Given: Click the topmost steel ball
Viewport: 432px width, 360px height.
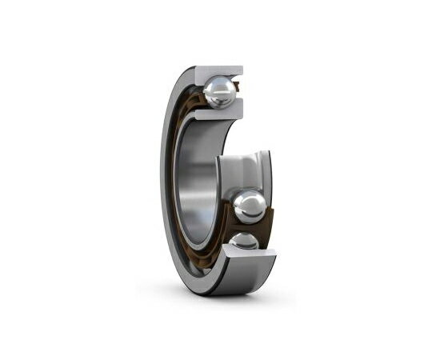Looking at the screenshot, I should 218,92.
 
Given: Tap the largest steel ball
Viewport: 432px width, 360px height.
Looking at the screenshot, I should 249,206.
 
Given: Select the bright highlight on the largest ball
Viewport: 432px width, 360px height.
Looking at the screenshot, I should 244,199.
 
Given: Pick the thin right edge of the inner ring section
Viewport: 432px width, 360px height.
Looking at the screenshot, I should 270,172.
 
